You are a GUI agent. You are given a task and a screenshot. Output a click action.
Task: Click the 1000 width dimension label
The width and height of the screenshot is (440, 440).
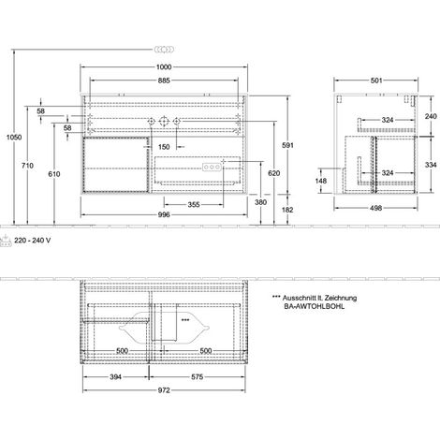[164, 67]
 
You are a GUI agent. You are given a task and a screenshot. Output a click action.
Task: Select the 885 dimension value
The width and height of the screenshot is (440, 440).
[164, 81]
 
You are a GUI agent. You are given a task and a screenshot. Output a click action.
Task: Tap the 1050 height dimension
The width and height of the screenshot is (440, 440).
[14, 137]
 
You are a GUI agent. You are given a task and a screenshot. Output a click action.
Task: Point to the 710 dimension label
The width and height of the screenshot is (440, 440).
[27, 166]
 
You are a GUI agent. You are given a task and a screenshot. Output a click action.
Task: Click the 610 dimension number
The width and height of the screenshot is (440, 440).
[54, 174]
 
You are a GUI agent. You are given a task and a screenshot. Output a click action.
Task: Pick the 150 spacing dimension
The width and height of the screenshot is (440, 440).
[164, 147]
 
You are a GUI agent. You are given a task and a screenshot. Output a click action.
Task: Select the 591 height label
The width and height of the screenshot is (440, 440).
[287, 145]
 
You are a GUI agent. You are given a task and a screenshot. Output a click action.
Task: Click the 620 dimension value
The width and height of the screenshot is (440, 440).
[273, 173]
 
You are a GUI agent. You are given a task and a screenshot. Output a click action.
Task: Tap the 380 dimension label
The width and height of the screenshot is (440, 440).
[260, 202]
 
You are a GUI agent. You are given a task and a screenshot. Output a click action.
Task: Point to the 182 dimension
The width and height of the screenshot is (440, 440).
[287, 210]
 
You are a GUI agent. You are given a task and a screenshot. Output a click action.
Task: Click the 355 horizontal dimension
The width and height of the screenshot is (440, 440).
[194, 205]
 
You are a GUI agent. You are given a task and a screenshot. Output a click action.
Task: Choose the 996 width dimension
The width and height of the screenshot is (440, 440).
[164, 214]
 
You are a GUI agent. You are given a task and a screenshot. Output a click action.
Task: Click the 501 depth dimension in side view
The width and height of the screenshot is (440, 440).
[376, 81]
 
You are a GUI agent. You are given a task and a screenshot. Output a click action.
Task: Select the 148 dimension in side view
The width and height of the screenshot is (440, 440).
[321, 181]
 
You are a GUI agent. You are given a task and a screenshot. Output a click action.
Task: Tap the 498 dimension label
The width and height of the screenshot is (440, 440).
[376, 208]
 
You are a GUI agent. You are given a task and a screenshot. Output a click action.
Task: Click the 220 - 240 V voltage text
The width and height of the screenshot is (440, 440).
[32, 241]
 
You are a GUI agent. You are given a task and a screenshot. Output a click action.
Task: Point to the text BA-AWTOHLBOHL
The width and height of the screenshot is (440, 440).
[315, 306]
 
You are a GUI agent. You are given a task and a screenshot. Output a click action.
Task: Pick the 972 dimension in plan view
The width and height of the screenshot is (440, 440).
[164, 390]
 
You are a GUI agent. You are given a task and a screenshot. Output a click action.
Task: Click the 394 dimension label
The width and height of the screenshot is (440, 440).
[115, 377]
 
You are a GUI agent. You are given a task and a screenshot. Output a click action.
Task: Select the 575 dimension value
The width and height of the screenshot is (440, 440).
[198, 377]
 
